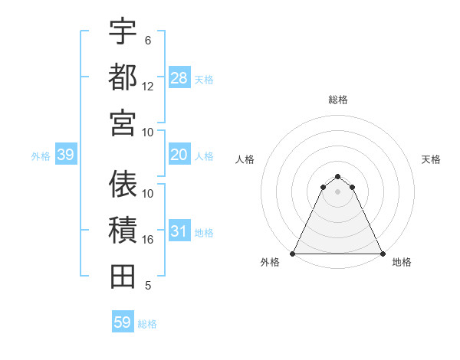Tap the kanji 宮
(x=123, y=122)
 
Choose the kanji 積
(x=123, y=230)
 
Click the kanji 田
(x=123, y=276)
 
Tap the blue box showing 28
(x=179, y=77)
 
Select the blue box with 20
(x=179, y=155)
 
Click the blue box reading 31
(x=179, y=232)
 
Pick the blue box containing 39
(x=66, y=155)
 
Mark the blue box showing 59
(x=123, y=322)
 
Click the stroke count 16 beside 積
(x=148, y=240)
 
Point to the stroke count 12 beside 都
(x=148, y=87)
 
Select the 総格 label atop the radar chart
(x=338, y=100)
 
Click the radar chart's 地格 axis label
(x=402, y=262)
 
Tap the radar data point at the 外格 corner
(x=293, y=254)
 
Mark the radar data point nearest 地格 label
(x=382, y=254)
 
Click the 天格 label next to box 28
(x=204, y=79)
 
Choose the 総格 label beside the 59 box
(x=147, y=324)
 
